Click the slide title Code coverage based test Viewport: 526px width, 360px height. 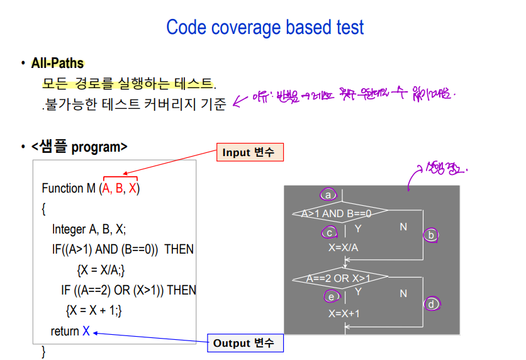[265, 27]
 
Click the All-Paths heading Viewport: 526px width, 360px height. [57, 63]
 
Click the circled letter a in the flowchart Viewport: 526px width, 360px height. [327, 194]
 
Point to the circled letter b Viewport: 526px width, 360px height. [431, 235]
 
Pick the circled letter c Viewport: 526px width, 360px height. [329, 233]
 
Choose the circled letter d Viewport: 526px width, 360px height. [431, 304]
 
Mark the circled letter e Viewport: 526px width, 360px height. [330, 296]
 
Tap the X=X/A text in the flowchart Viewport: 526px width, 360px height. [344, 247]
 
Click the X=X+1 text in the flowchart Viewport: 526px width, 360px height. [344, 313]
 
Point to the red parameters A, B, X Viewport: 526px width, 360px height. [121, 188]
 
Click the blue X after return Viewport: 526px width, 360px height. [86, 331]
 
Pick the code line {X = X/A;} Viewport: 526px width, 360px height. [101, 270]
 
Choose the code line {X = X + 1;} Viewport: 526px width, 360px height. [94, 310]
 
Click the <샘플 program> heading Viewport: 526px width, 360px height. [79, 147]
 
